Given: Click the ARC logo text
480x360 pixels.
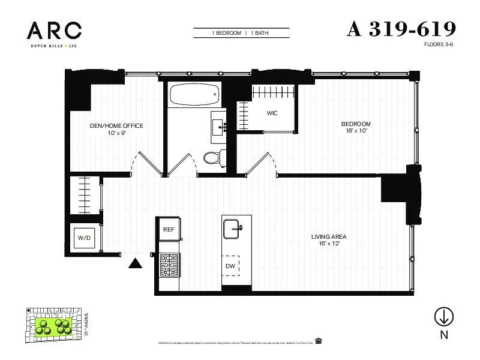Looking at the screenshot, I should [x=54, y=29].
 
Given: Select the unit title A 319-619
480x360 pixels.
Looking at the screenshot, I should [x=401, y=29].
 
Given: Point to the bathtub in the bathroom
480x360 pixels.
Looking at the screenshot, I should [x=193, y=95].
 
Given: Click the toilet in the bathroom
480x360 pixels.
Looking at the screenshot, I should [x=212, y=158].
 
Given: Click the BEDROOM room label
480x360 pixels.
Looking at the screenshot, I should [x=356, y=124].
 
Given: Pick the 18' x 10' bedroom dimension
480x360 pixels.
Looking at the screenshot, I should [x=356, y=131].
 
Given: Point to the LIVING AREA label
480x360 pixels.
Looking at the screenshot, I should [x=328, y=236].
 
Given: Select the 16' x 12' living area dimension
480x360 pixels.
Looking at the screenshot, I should [x=328, y=244].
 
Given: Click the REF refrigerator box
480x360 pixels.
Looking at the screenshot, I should [x=169, y=229].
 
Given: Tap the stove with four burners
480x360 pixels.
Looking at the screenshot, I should [x=169, y=265].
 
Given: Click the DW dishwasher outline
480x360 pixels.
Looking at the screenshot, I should [x=230, y=265].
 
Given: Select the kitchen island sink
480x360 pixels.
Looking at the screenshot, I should [x=232, y=227].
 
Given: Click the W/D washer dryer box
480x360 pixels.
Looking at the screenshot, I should [x=83, y=238].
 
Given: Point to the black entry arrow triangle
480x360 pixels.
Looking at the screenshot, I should [x=136, y=263].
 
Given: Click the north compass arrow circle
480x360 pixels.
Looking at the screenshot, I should [x=444, y=316].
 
